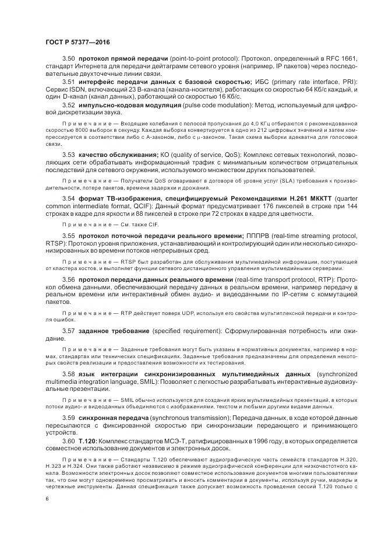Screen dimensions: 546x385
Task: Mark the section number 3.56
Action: point(69,281)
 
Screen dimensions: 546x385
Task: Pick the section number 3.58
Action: point(69,373)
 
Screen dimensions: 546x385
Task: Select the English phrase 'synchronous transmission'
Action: point(183,418)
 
